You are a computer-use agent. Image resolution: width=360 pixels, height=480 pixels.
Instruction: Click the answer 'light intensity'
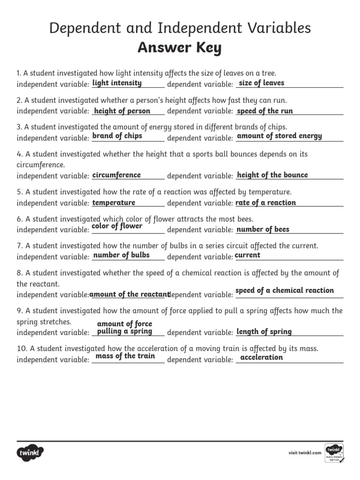click(117, 83)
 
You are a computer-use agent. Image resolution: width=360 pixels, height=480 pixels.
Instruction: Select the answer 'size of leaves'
click(262, 83)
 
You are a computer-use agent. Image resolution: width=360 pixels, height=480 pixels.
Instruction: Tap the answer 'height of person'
click(122, 111)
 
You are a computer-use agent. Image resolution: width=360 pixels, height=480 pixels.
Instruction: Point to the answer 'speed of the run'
click(265, 111)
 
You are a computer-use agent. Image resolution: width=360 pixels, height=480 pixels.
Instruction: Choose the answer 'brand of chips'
click(117, 136)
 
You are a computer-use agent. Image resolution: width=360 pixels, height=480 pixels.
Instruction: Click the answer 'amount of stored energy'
click(279, 136)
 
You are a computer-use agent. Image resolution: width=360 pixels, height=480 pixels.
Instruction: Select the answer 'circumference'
click(116, 175)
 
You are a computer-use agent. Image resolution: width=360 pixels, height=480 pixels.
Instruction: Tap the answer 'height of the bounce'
click(272, 175)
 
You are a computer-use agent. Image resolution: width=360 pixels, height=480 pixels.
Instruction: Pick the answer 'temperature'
click(114, 202)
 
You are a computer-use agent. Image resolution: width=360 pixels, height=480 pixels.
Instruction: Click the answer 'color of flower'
click(117, 226)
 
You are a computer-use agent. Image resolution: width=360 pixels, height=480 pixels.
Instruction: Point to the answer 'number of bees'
click(263, 229)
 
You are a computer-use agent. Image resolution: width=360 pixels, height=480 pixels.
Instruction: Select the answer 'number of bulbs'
click(122, 255)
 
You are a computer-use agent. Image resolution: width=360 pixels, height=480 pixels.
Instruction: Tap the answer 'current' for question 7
click(247, 255)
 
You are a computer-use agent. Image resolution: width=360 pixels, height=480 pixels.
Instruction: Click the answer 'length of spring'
click(264, 331)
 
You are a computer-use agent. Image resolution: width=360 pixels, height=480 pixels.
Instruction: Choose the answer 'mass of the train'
click(125, 356)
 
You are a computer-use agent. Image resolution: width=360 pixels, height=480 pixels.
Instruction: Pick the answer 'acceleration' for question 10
click(262, 357)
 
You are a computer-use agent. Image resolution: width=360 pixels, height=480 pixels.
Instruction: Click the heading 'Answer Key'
click(180, 48)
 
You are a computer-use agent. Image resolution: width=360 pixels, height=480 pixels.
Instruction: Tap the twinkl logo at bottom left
click(31, 453)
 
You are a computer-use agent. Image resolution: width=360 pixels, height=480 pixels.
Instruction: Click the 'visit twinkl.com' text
click(305, 452)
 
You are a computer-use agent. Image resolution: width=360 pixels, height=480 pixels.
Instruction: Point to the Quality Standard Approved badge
click(334, 452)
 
